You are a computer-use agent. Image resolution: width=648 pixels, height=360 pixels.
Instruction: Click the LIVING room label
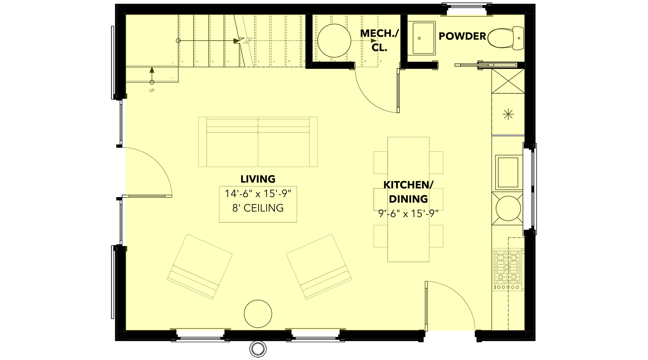(258, 179)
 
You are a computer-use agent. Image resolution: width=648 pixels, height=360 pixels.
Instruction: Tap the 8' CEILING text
(258, 208)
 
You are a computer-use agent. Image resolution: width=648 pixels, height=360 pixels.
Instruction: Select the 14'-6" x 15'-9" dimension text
(258, 194)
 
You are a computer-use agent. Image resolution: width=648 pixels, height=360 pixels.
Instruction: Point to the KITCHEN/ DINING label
(408, 192)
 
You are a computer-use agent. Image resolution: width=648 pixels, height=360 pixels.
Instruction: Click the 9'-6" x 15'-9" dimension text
(408, 214)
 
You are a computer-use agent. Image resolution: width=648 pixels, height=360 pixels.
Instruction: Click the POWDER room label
(462, 36)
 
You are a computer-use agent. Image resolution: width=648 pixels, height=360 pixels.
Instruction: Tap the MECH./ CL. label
(379, 40)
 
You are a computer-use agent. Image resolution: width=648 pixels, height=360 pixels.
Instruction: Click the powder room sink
(423, 38)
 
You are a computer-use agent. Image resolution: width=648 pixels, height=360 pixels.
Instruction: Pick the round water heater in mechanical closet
(334, 41)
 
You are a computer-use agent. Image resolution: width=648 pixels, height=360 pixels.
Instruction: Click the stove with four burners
(508, 270)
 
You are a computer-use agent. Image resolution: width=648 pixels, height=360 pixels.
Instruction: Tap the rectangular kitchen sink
(509, 172)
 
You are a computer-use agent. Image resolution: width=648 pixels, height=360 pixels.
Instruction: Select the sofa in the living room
(258, 142)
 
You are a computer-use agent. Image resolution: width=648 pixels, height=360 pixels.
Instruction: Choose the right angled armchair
(319, 267)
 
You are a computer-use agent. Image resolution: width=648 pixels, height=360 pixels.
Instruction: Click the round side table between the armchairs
(258, 314)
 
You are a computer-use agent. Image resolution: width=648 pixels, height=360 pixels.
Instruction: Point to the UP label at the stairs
(152, 90)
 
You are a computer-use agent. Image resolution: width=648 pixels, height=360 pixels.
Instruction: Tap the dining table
(408, 199)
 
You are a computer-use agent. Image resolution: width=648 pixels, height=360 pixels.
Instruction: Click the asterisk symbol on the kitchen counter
(508, 114)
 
